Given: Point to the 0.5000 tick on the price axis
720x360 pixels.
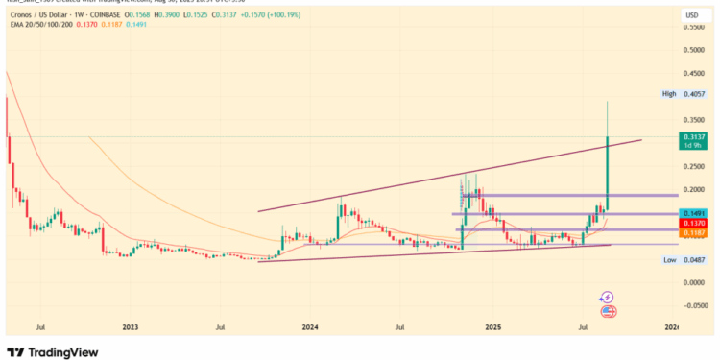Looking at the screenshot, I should [693, 51].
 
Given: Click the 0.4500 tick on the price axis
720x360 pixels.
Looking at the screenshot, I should [693, 74].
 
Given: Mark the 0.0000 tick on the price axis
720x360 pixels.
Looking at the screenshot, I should [693, 283].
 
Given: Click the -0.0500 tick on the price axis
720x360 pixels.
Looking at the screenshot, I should [693, 306].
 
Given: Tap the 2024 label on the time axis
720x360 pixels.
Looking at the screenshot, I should [310, 328].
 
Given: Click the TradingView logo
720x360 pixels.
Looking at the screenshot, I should [53, 351].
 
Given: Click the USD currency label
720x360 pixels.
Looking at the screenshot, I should [690, 16].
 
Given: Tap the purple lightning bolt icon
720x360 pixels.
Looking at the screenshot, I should [607, 298].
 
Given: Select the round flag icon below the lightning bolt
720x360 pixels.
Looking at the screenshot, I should [607, 311].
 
